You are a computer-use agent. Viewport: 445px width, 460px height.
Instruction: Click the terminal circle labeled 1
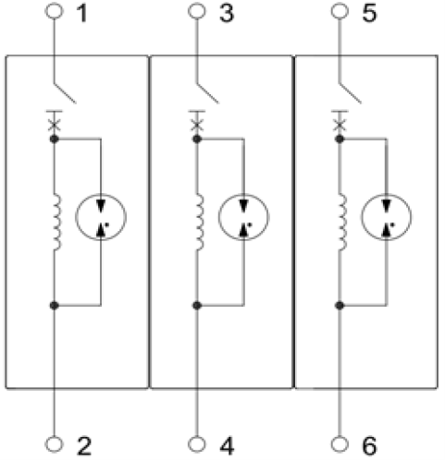click(54, 11)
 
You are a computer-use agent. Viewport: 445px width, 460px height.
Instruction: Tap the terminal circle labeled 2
click(54, 444)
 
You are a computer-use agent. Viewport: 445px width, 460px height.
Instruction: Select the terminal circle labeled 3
click(197, 11)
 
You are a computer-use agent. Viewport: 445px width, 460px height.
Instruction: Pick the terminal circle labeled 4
click(197, 444)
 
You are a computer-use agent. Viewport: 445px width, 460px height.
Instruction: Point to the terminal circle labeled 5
click(340, 11)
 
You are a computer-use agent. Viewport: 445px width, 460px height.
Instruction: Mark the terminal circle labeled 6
click(340, 444)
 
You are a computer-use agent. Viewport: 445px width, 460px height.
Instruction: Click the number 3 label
click(227, 14)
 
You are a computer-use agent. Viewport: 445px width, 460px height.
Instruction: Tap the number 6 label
click(369, 446)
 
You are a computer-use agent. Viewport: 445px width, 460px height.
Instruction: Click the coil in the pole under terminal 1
click(57, 222)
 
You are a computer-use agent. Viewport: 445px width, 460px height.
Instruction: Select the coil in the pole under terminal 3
click(200, 222)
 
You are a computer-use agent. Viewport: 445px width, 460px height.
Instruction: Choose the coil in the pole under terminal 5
click(343, 222)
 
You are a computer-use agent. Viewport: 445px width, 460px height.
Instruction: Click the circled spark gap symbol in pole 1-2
click(101, 217)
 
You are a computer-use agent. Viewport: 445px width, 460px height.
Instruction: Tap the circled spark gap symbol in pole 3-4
click(243, 217)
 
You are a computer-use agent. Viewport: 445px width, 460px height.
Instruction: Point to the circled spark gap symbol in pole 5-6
click(387, 217)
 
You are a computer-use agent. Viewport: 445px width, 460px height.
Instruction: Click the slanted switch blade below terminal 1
click(65, 92)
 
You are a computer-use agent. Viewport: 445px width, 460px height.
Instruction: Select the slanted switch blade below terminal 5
click(351, 92)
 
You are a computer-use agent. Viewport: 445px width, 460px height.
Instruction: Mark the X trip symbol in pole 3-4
click(197, 126)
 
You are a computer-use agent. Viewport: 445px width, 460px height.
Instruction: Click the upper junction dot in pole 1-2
click(54, 139)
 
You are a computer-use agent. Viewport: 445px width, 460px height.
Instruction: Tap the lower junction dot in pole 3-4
click(197, 306)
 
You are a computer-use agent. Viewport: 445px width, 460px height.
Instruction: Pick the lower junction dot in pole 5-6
click(340, 306)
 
